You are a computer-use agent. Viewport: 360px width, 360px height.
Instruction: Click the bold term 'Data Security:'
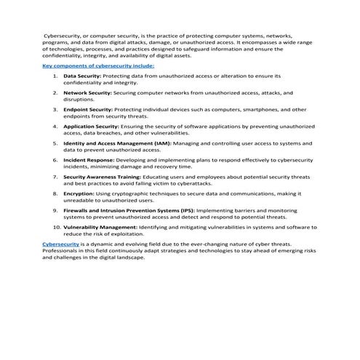(x=82, y=76)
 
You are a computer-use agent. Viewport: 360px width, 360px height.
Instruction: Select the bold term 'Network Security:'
(x=87, y=93)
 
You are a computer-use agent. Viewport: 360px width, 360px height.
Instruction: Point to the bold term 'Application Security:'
(x=91, y=127)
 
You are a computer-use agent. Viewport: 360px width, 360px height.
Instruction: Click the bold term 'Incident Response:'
(x=87, y=160)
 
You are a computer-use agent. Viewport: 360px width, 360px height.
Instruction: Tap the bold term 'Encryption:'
(x=79, y=193)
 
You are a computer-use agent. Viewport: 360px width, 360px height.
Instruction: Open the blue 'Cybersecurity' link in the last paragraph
(x=60, y=244)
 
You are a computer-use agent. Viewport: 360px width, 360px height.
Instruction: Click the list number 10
(x=55, y=228)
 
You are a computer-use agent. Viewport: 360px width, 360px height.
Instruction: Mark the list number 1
(x=56, y=76)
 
